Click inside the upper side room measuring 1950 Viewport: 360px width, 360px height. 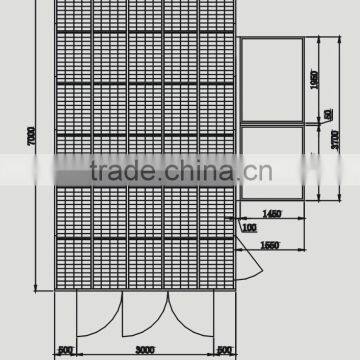(272, 81)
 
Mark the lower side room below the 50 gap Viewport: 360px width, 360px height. (272, 160)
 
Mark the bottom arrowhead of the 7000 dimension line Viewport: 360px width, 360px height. (37, 289)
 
